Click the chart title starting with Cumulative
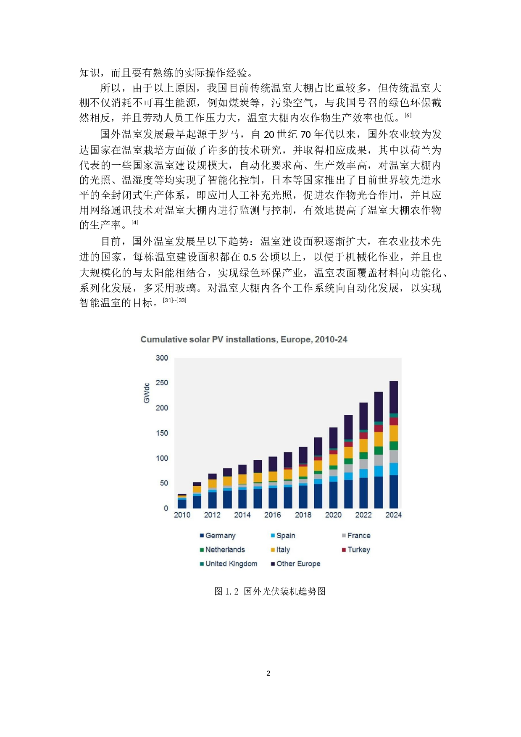(x=244, y=340)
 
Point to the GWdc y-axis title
(x=147, y=393)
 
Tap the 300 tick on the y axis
(x=162, y=358)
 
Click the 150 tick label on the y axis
(x=162, y=433)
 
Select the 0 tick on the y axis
(x=166, y=508)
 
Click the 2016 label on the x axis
(x=272, y=515)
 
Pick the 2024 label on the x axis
(x=393, y=515)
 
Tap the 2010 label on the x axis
(x=182, y=515)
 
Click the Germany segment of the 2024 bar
(x=394, y=492)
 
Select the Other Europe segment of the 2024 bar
(x=394, y=397)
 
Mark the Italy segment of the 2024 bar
(x=394, y=433)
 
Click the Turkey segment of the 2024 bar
(x=394, y=421)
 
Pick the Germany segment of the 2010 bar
(x=182, y=504)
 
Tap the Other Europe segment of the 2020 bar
(x=333, y=438)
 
